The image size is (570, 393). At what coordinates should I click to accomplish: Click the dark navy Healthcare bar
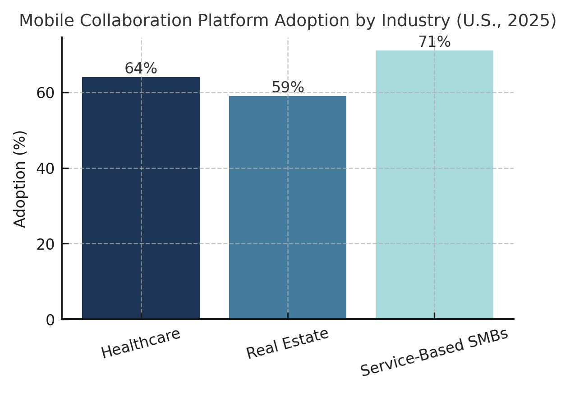pos(141,198)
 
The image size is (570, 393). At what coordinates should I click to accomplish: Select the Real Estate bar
pos(288,207)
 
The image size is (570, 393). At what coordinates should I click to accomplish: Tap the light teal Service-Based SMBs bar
pos(434,185)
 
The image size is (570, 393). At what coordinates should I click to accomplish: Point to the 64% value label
pos(141,69)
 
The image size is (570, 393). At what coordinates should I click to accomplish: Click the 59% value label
pos(288,87)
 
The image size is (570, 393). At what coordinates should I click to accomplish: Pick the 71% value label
pos(434,42)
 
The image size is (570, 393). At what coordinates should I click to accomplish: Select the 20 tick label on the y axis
pos(45,244)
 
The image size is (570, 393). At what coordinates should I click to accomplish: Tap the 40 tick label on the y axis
pos(45,169)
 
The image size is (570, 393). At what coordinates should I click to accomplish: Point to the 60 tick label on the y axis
pos(45,93)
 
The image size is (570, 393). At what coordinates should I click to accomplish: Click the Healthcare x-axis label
pos(141,343)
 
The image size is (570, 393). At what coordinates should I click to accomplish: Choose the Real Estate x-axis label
pos(288,343)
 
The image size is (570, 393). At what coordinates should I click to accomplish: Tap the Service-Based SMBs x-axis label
pos(434,352)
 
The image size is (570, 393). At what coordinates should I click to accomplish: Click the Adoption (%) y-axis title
pos(20,178)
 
